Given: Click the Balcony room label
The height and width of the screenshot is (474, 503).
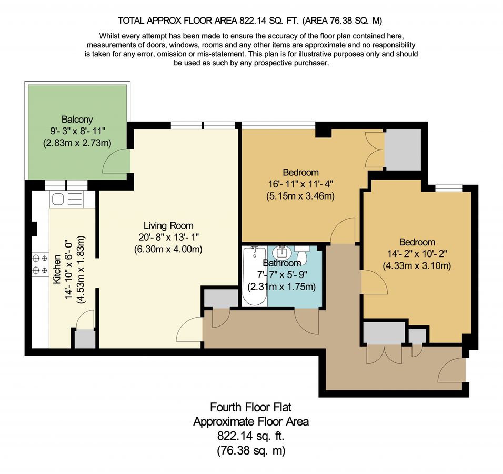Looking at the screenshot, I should [77, 120].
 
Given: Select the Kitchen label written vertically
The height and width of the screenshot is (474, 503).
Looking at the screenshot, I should [57, 270].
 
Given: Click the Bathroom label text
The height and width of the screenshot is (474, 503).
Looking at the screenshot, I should [281, 263].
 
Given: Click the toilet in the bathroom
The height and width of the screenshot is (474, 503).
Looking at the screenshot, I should [301, 249].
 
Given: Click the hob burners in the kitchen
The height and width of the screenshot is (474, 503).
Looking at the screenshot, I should [38, 264].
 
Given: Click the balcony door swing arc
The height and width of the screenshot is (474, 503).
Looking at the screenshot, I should [115, 161].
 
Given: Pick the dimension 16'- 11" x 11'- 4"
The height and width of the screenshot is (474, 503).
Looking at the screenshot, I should [300, 184].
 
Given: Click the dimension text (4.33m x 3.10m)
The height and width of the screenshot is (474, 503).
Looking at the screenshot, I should [417, 265].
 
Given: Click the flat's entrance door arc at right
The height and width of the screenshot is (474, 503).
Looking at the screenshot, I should [451, 370].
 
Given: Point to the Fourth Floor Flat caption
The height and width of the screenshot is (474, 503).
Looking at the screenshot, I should [250, 407].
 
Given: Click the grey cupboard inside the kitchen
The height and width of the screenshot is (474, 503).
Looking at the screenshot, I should [85, 339].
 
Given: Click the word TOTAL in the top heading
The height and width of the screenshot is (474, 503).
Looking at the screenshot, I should [132, 21].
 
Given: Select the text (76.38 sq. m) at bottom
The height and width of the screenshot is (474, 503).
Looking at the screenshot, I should [250, 451].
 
